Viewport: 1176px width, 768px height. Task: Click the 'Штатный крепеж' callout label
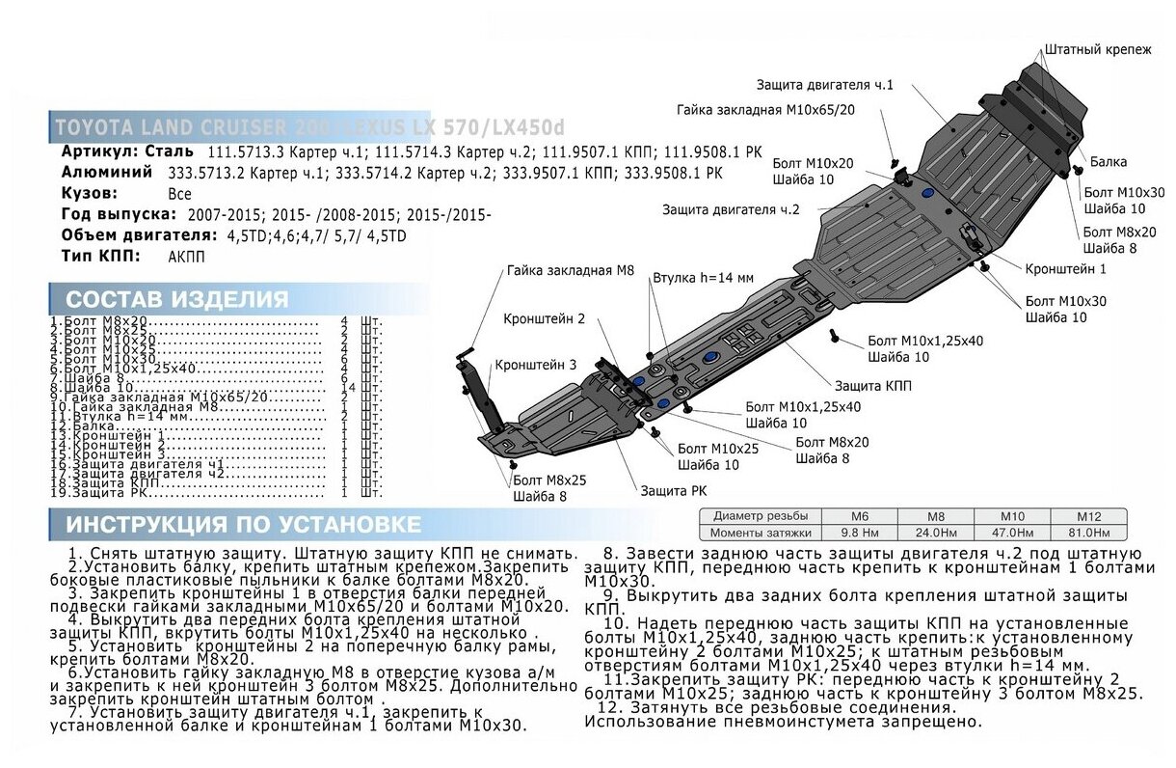tap(1097, 49)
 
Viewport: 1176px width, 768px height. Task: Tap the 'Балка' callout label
tap(1109, 162)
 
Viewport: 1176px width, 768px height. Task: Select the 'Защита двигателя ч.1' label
tap(824, 85)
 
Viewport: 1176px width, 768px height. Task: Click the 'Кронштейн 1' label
tap(1065, 268)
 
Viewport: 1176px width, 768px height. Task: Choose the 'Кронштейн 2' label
tap(544, 317)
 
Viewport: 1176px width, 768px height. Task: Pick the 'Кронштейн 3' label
tap(536, 366)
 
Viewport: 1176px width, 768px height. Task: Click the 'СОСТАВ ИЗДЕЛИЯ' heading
tap(177, 299)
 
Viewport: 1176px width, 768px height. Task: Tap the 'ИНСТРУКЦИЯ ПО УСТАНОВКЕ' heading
tap(243, 525)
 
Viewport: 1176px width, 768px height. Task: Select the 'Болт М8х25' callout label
tap(549, 480)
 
